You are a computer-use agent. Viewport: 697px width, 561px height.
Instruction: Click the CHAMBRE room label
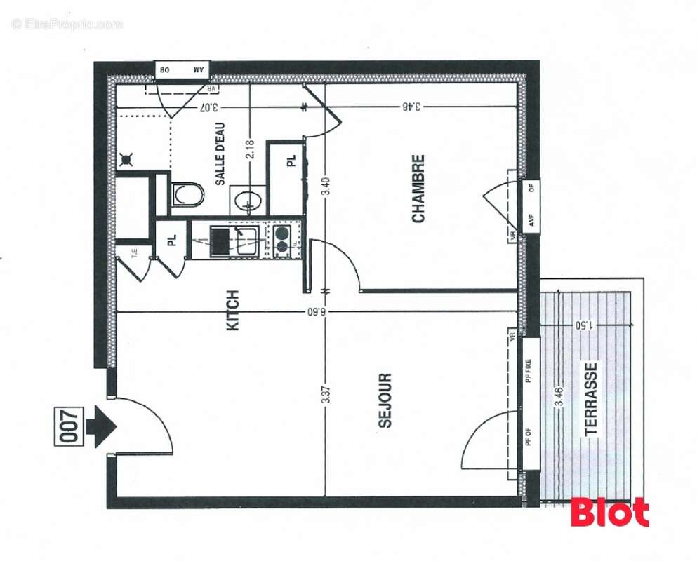(418, 189)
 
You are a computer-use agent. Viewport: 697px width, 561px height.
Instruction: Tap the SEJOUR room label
(385, 400)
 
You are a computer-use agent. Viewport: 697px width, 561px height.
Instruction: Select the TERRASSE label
(592, 398)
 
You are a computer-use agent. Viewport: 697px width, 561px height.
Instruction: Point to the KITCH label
(233, 311)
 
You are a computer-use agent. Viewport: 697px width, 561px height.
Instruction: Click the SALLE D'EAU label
(220, 162)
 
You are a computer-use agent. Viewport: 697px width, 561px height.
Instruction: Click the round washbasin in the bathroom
(248, 200)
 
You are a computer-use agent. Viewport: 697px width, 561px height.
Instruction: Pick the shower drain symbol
(127, 160)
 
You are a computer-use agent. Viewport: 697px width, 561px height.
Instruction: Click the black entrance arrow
(102, 424)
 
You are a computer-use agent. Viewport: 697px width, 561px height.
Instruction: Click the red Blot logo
(609, 513)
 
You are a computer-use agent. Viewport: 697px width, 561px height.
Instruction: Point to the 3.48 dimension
(411, 107)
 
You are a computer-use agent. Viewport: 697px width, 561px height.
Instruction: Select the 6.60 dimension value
(324, 311)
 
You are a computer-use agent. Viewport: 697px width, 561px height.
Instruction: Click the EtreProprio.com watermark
(67, 25)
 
